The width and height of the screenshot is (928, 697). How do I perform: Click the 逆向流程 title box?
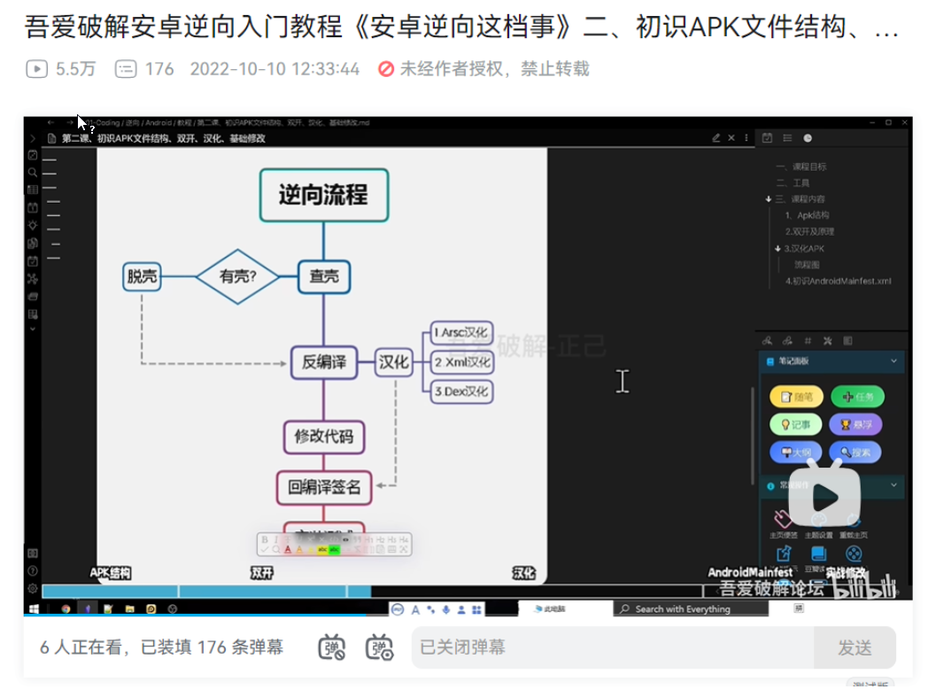(x=323, y=195)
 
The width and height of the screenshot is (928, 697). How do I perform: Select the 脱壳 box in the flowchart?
(x=142, y=277)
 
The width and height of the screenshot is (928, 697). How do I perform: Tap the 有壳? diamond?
(x=237, y=277)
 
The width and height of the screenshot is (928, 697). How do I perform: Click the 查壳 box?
(x=323, y=277)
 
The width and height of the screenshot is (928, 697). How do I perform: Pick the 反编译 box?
(x=323, y=362)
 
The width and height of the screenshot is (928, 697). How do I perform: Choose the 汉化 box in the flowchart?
(x=393, y=362)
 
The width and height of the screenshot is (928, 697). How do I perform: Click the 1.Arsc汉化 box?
(x=461, y=333)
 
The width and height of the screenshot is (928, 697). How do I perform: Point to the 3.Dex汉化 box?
(x=461, y=391)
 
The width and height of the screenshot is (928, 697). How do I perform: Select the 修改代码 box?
(x=323, y=437)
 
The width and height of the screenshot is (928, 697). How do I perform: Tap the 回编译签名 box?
(x=323, y=486)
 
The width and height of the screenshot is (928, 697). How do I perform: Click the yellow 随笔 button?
(x=795, y=397)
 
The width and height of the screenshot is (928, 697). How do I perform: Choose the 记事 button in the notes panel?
(x=795, y=425)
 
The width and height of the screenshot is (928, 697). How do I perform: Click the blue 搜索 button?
(x=855, y=453)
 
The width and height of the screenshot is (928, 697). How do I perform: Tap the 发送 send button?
(x=855, y=648)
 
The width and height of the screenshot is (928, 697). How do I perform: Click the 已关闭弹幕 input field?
(x=611, y=648)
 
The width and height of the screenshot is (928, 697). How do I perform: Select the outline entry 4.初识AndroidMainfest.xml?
(x=838, y=281)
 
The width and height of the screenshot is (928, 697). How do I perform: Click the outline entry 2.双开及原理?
(x=807, y=231)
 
